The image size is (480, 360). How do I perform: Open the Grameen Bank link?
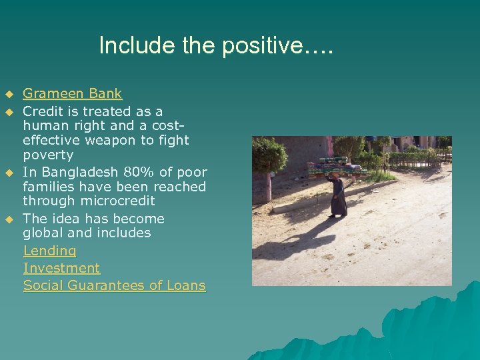pos(73,94)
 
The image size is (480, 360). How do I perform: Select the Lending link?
pos(49,251)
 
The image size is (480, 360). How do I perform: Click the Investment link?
pos(61,268)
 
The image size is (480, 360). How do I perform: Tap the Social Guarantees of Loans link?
pos(114,285)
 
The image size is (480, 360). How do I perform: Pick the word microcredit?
pos(118,201)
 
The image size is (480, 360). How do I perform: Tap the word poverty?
pos(48,155)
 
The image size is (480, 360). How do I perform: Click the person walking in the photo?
pos(338,196)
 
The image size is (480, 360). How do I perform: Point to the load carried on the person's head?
pos(337,166)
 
